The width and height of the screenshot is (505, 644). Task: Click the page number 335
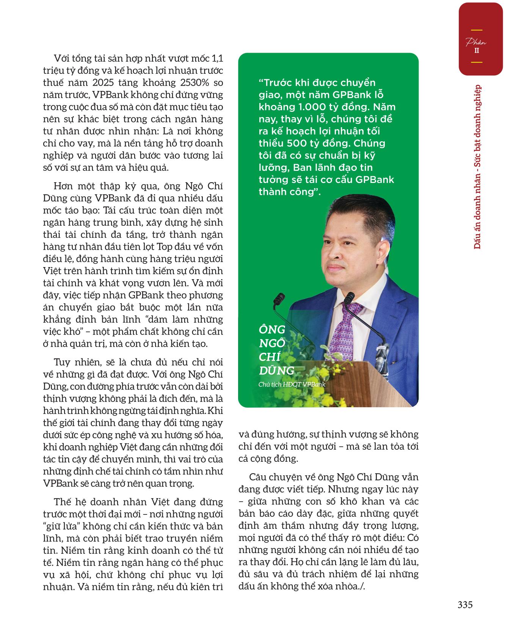point(465,605)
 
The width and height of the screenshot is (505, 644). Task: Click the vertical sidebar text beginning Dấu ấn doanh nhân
point(477,167)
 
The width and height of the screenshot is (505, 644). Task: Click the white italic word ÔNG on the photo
point(272,330)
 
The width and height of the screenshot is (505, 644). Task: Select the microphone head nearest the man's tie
point(351,296)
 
